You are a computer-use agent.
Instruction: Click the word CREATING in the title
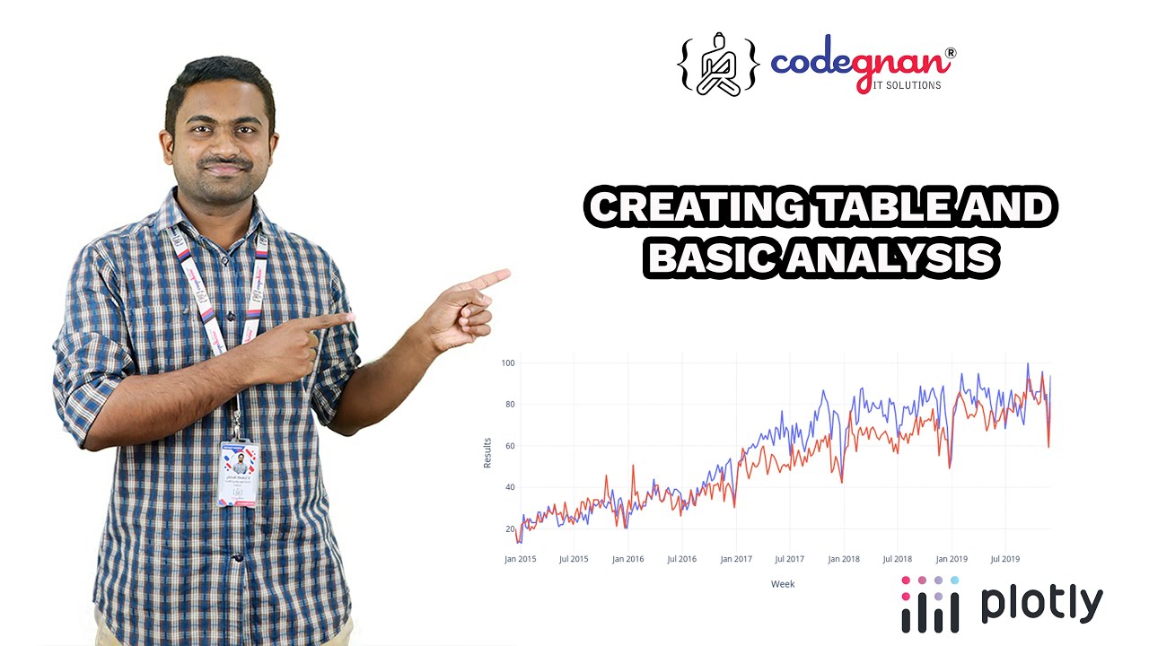coord(693,209)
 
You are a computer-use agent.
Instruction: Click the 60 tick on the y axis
coord(509,446)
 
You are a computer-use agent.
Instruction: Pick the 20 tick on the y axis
coord(509,529)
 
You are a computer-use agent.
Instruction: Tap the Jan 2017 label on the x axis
coord(736,559)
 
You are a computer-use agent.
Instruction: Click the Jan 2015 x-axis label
coord(520,559)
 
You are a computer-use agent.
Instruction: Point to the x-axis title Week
coord(782,584)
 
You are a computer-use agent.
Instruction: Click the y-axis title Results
coord(487,453)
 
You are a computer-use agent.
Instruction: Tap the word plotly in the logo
coord(1041,604)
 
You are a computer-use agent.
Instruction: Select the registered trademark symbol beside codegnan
coord(950,54)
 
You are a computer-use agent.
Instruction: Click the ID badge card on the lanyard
coord(239,473)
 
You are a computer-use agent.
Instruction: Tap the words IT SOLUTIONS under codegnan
coord(907,85)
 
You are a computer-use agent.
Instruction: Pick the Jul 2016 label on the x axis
coord(681,559)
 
